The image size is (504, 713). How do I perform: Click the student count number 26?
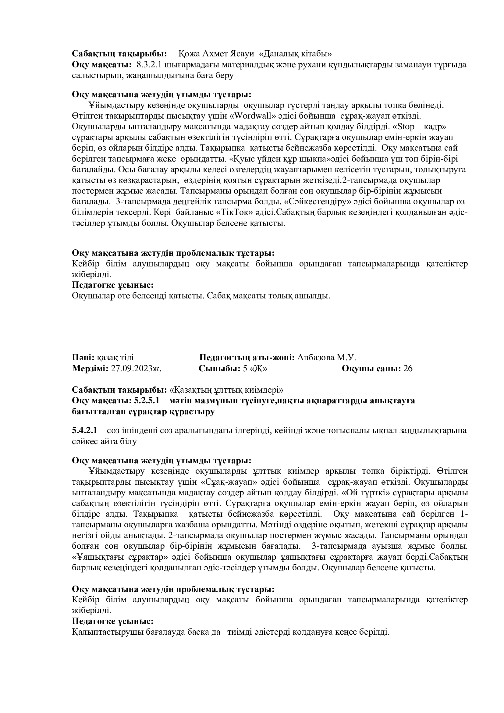pyautogui.click(x=408, y=368)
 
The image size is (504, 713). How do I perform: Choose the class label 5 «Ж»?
pyautogui.click(x=255, y=368)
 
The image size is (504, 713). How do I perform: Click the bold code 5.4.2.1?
pyautogui.click(x=84, y=430)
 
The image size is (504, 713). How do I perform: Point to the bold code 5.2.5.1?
pyautogui.click(x=147, y=401)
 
